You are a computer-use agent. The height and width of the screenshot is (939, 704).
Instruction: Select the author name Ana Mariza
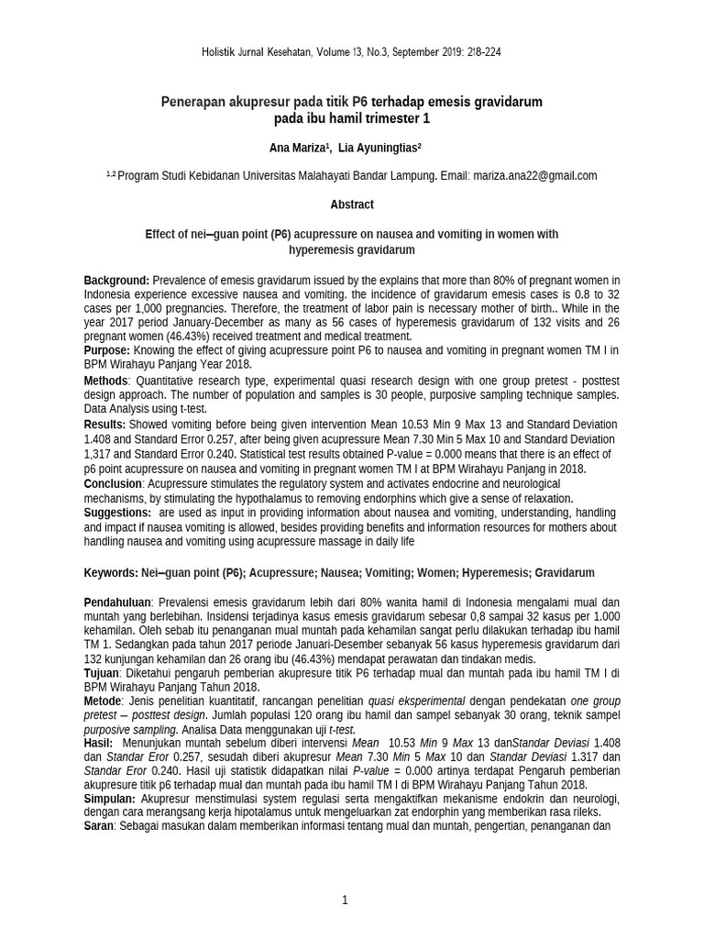300,147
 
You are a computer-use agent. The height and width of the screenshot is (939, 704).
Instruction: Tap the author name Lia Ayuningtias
379,147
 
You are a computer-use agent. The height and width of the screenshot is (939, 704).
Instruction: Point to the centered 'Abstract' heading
352,204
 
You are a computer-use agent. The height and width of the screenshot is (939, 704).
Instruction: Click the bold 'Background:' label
116,280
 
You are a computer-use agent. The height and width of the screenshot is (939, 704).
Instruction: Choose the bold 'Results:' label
105,425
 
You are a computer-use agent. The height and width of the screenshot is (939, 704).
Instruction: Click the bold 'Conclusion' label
113,483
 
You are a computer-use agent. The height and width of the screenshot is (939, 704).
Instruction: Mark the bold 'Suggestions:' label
117,513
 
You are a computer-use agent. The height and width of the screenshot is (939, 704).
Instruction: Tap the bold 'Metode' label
104,701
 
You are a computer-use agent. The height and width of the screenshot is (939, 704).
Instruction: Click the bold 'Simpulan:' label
110,799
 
